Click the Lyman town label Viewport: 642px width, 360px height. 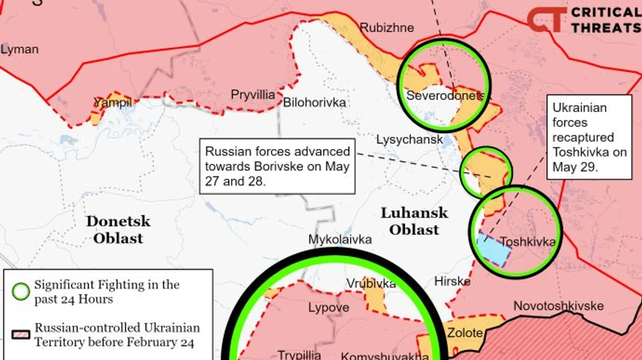pos(19,50)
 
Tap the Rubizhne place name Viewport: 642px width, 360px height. pos(387,28)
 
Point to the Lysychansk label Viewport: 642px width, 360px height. pos(409,140)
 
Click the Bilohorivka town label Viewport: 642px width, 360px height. pos(315,103)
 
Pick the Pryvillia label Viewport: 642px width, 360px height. pos(253,95)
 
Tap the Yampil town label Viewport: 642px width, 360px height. pos(113,103)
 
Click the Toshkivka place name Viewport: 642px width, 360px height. pos(527,242)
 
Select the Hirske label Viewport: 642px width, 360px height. pos(452,282)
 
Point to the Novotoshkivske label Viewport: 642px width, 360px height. pos(559,306)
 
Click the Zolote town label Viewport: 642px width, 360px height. pos(464,332)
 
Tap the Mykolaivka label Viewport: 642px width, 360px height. pos(340,240)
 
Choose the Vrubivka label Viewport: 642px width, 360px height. pos(371,284)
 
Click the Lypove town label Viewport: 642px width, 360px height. pos(329,308)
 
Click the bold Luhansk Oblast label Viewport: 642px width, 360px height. pos(414,221)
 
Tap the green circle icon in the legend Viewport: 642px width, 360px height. pos(21,292)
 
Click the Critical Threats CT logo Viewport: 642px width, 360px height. pos(546,19)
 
